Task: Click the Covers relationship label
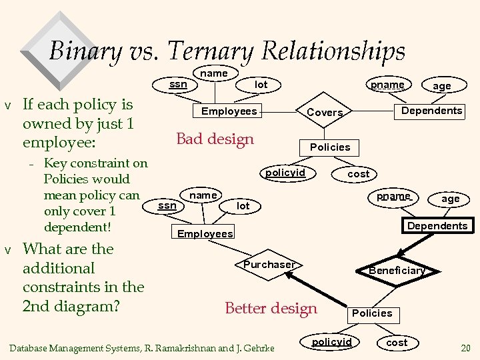click(325, 113)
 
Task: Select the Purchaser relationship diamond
click(269, 265)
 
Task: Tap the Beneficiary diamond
click(397, 270)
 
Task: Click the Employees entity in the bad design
click(229, 111)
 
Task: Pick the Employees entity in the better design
click(205, 233)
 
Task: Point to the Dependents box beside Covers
click(431, 111)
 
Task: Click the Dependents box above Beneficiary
click(437, 226)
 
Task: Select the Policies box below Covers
click(330, 147)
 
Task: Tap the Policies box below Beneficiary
click(372, 313)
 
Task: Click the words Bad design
click(215, 139)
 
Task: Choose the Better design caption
click(271, 308)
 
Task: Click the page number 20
click(465, 347)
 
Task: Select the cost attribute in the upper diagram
click(359, 174)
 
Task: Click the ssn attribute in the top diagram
click(178, 85)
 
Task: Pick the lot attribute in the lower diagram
click(243, 206)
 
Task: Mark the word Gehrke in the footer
click(261, 347)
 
